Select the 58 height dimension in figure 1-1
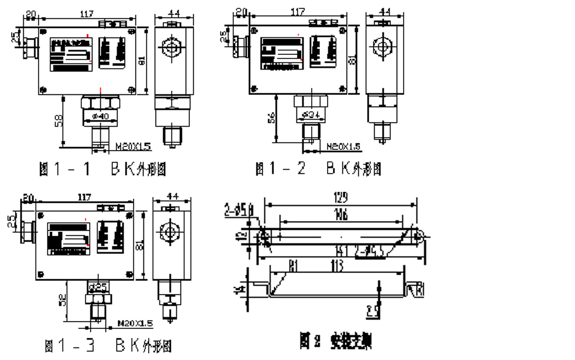(x=59, y=121)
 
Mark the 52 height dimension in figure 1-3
(x=62, y=301)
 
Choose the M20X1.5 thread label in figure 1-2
(x=343, y=146)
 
